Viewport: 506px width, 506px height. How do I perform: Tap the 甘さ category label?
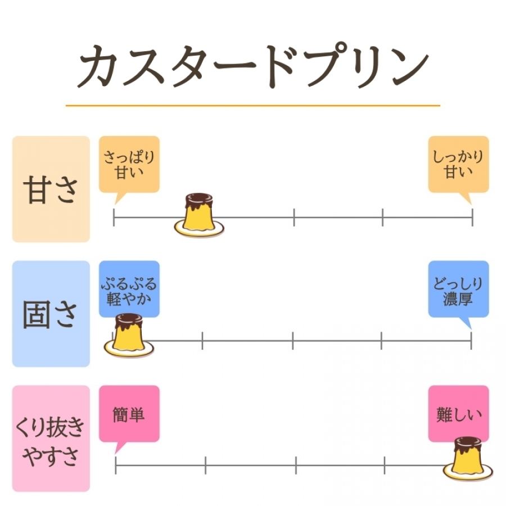point(51,189)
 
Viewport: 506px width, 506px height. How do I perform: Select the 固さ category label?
point(51,314)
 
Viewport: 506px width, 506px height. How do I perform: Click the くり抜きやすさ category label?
point(51,439)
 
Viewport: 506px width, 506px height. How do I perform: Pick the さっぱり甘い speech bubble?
point(129,164)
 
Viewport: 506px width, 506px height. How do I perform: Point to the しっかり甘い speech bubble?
point(458,164)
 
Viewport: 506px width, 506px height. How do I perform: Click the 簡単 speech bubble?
point(129,415)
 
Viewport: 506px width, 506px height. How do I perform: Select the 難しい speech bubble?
point(458,415)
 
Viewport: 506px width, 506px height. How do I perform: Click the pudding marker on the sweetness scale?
point(199,215)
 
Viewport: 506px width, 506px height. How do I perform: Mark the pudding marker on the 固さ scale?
point(129,335)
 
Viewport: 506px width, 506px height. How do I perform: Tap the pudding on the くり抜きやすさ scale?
point(468,458)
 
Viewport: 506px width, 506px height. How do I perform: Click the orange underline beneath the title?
point(252,105)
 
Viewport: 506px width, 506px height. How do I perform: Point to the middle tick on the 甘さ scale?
point(293,216)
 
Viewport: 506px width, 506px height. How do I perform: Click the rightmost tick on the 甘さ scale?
point(472,216)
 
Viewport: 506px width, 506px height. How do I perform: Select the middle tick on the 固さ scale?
point(292,340)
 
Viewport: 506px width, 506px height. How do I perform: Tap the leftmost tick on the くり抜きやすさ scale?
point(116,465)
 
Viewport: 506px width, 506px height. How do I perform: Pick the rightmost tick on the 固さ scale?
point(471,340)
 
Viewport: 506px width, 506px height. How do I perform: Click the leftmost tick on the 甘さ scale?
point(114,216)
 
